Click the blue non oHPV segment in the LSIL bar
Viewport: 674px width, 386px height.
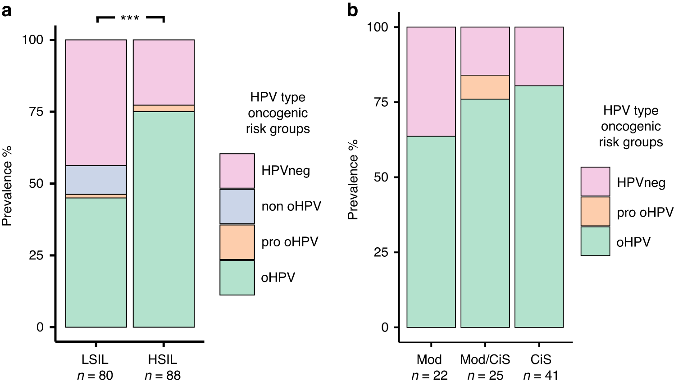(96, 180)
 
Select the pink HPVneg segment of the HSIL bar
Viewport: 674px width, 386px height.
(164, 72)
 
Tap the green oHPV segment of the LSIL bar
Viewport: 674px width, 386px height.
(96, 262)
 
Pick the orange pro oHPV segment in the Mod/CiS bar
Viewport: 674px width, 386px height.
(485, 87)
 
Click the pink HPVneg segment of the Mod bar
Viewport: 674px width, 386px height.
(431, 82)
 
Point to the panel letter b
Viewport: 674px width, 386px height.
(352, 10)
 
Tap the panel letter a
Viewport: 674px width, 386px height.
(6, 10)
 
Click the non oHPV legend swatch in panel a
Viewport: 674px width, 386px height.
(237, 206)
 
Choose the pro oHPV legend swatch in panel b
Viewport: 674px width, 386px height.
(595, 211)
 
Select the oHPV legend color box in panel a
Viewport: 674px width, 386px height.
(237, 277)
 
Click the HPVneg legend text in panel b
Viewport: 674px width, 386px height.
(641, 183)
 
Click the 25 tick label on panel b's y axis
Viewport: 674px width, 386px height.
(381, 252)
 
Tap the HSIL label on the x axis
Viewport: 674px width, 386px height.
(163, 359)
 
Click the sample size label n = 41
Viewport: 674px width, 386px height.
(541, 375)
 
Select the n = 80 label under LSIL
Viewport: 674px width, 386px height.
(95, 375)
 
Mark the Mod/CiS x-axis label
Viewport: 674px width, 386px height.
(485, 359)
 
